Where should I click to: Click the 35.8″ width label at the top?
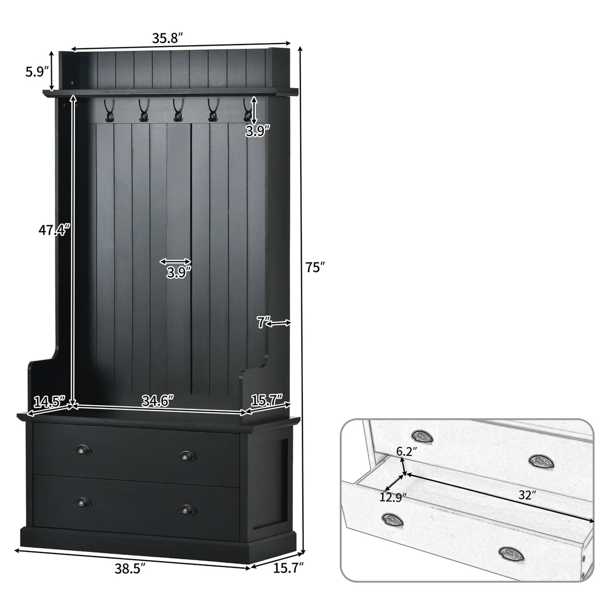(x=167, y=38)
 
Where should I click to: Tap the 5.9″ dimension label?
(x=37, y=72)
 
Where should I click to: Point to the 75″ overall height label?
(x=315, y=267)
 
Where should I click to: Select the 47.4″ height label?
(x=54, y=230)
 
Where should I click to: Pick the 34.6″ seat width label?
(x=158, y=401)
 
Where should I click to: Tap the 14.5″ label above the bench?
(x=49, y=401)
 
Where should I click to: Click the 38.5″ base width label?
(x=130, y=568)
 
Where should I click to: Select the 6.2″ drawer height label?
(x=406, y=452)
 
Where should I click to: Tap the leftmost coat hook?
(x=108, y=110)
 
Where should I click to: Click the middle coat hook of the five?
(x=177, y=110)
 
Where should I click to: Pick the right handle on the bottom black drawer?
(x=188, y=509)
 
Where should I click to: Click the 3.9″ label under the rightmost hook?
(x=258, y=131)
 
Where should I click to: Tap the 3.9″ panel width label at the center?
(x=179, y=273)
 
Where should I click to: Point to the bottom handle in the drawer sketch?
(x=511, y=555)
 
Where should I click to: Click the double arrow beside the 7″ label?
(x=279, y=323)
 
